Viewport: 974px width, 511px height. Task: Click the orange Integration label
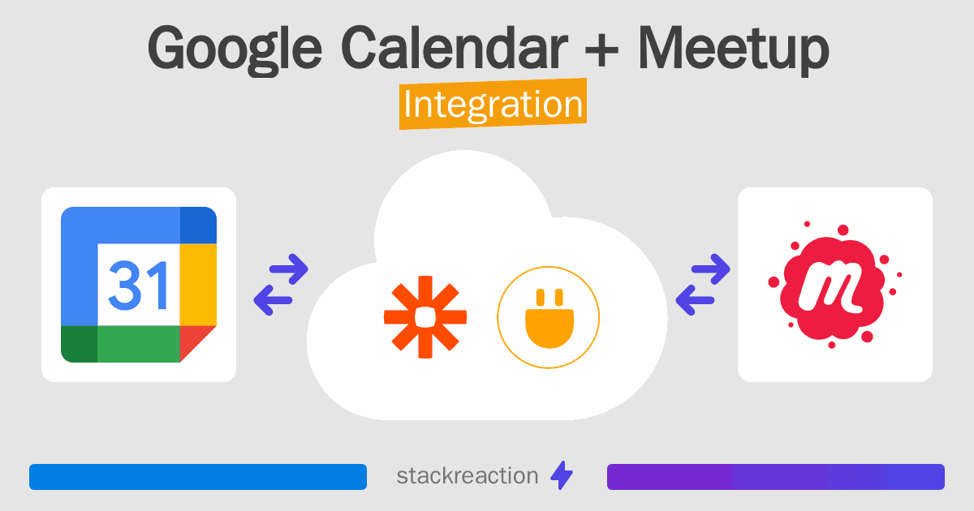493,105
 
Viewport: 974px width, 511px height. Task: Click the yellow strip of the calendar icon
197,284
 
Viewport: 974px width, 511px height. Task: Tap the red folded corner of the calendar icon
196,342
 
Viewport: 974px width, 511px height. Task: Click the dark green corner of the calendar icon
79,344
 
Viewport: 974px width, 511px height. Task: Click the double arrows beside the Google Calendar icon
281,284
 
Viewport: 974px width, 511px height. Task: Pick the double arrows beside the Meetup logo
702,284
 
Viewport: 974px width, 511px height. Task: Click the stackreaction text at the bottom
467,476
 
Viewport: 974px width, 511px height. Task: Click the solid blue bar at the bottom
197,477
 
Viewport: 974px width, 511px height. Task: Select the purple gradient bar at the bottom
775,477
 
